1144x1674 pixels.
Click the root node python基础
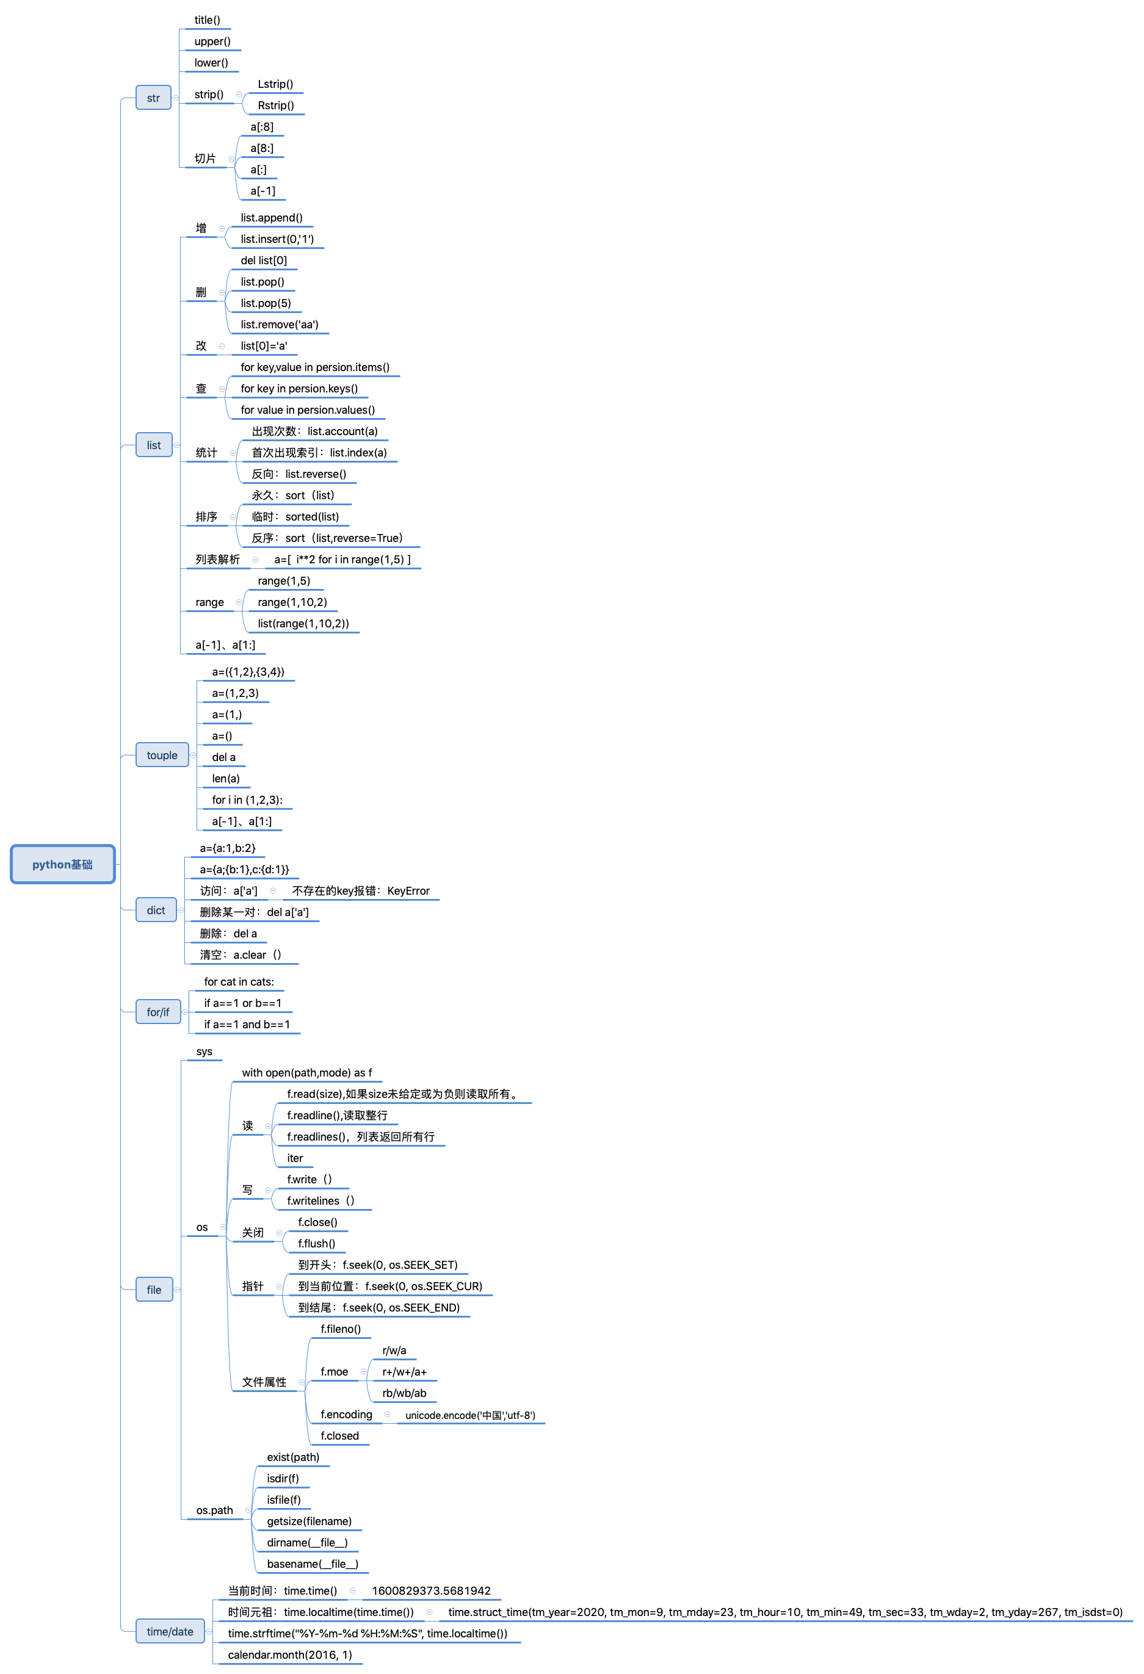click(63, 864)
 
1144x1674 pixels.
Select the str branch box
click(153, 98)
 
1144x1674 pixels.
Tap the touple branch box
click(162, 756)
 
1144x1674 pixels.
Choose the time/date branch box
click(170, 1631)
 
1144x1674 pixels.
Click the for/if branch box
click(157, 1012)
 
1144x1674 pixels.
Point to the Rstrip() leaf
click(276, 106)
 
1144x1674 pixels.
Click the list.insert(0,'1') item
click(277, 239)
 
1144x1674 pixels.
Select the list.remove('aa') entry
click(280, 325)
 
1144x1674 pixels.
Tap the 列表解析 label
click(217, 560)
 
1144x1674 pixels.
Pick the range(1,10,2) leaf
click(292, 602)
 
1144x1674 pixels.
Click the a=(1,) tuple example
click(227, 715)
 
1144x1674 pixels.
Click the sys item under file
click(205, 1052)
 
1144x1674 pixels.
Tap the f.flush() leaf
click(317, 1244)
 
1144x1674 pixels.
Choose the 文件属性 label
click(264, 1382)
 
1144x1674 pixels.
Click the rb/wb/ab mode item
click(404, 1393)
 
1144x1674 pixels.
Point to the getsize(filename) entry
click(309, 1521)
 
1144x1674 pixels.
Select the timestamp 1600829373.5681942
click(432, 1590)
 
